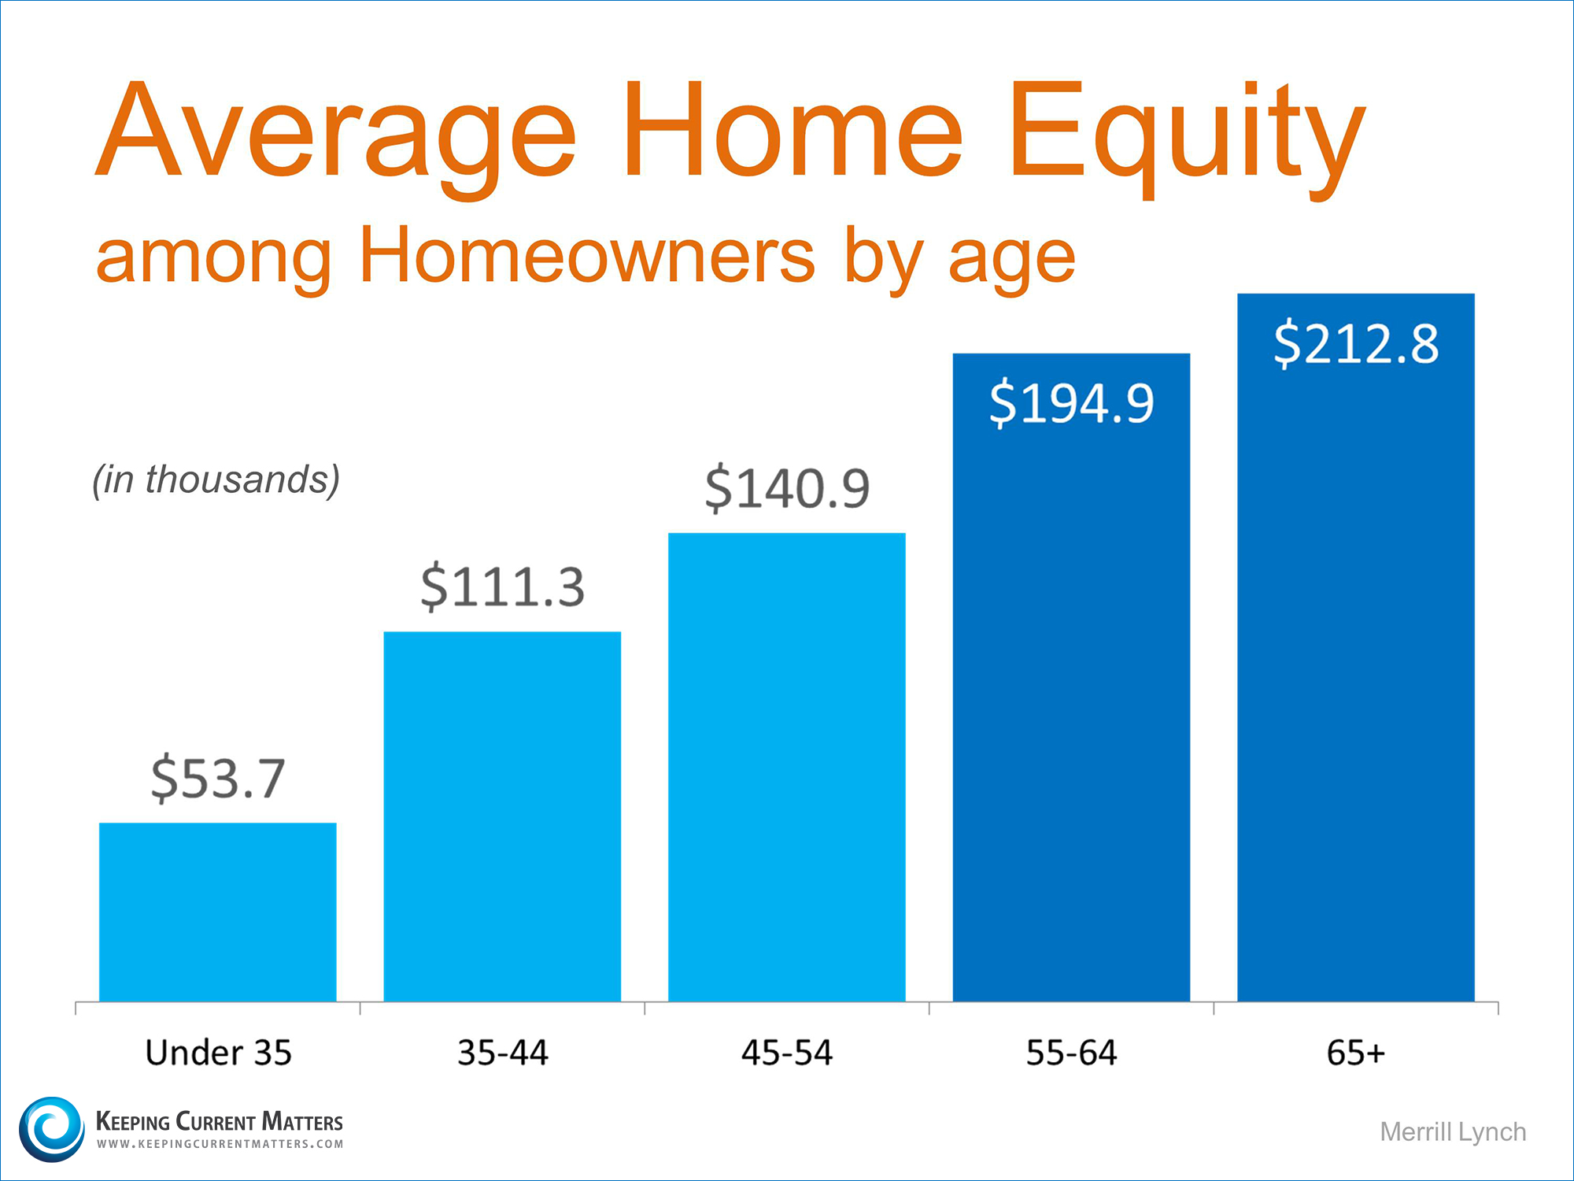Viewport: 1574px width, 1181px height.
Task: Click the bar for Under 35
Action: click(x=218, y=912)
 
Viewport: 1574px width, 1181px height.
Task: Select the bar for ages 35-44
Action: click(x=502, y=816)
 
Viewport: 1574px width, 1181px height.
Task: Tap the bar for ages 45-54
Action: click(x=787, y=767)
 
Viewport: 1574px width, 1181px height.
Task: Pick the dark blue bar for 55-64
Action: click(x=1071, y=677)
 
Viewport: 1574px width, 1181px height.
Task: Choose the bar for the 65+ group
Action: click(x=1356, y=647)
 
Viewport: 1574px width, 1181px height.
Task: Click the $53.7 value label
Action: click(x=218, y=778)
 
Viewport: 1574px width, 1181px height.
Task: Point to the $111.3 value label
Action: click(x=503, y=587)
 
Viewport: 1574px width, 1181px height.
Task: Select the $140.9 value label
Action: click(x=787, y=488)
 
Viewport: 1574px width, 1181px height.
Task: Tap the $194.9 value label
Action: click(x=1071, y=402)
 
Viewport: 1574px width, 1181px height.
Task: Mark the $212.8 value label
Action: click(x=1356, y=343)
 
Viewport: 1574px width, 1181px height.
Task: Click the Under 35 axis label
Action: click(x=219, y=1053)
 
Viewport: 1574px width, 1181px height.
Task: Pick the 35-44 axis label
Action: click(x=503, y=1053)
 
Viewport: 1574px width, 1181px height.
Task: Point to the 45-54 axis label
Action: click(x=787, y=1053)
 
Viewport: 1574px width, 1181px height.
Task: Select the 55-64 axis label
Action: click(x=1071, y=1053)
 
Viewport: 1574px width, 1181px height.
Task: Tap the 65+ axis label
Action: click(x=1355, y=1053)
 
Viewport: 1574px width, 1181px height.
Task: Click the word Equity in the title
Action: click(x=1188, y=138)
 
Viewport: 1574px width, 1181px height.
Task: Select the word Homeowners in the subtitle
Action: click(x=587, y=256)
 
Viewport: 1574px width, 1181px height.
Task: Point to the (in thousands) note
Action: click(x=216, y=479)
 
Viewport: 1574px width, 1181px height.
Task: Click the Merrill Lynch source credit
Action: click(x=1453, y=1132)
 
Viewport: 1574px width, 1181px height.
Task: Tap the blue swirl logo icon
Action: click(x=52, y=1129)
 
